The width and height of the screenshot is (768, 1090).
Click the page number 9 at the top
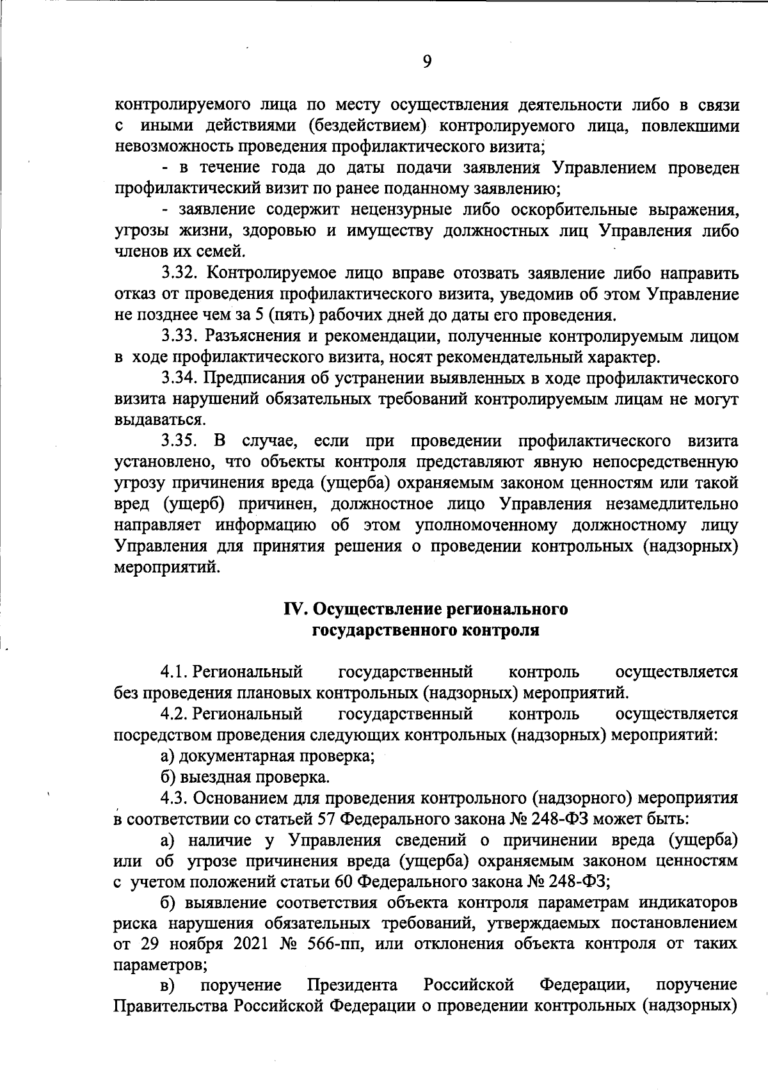[428, 61]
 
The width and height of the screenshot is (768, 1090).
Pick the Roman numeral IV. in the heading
[297, 609]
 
